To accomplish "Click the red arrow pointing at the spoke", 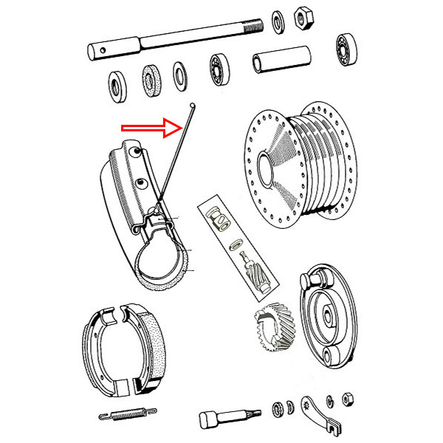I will point(151,127).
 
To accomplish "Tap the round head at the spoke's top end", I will point(191,106).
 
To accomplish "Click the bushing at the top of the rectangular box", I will point(219,218).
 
